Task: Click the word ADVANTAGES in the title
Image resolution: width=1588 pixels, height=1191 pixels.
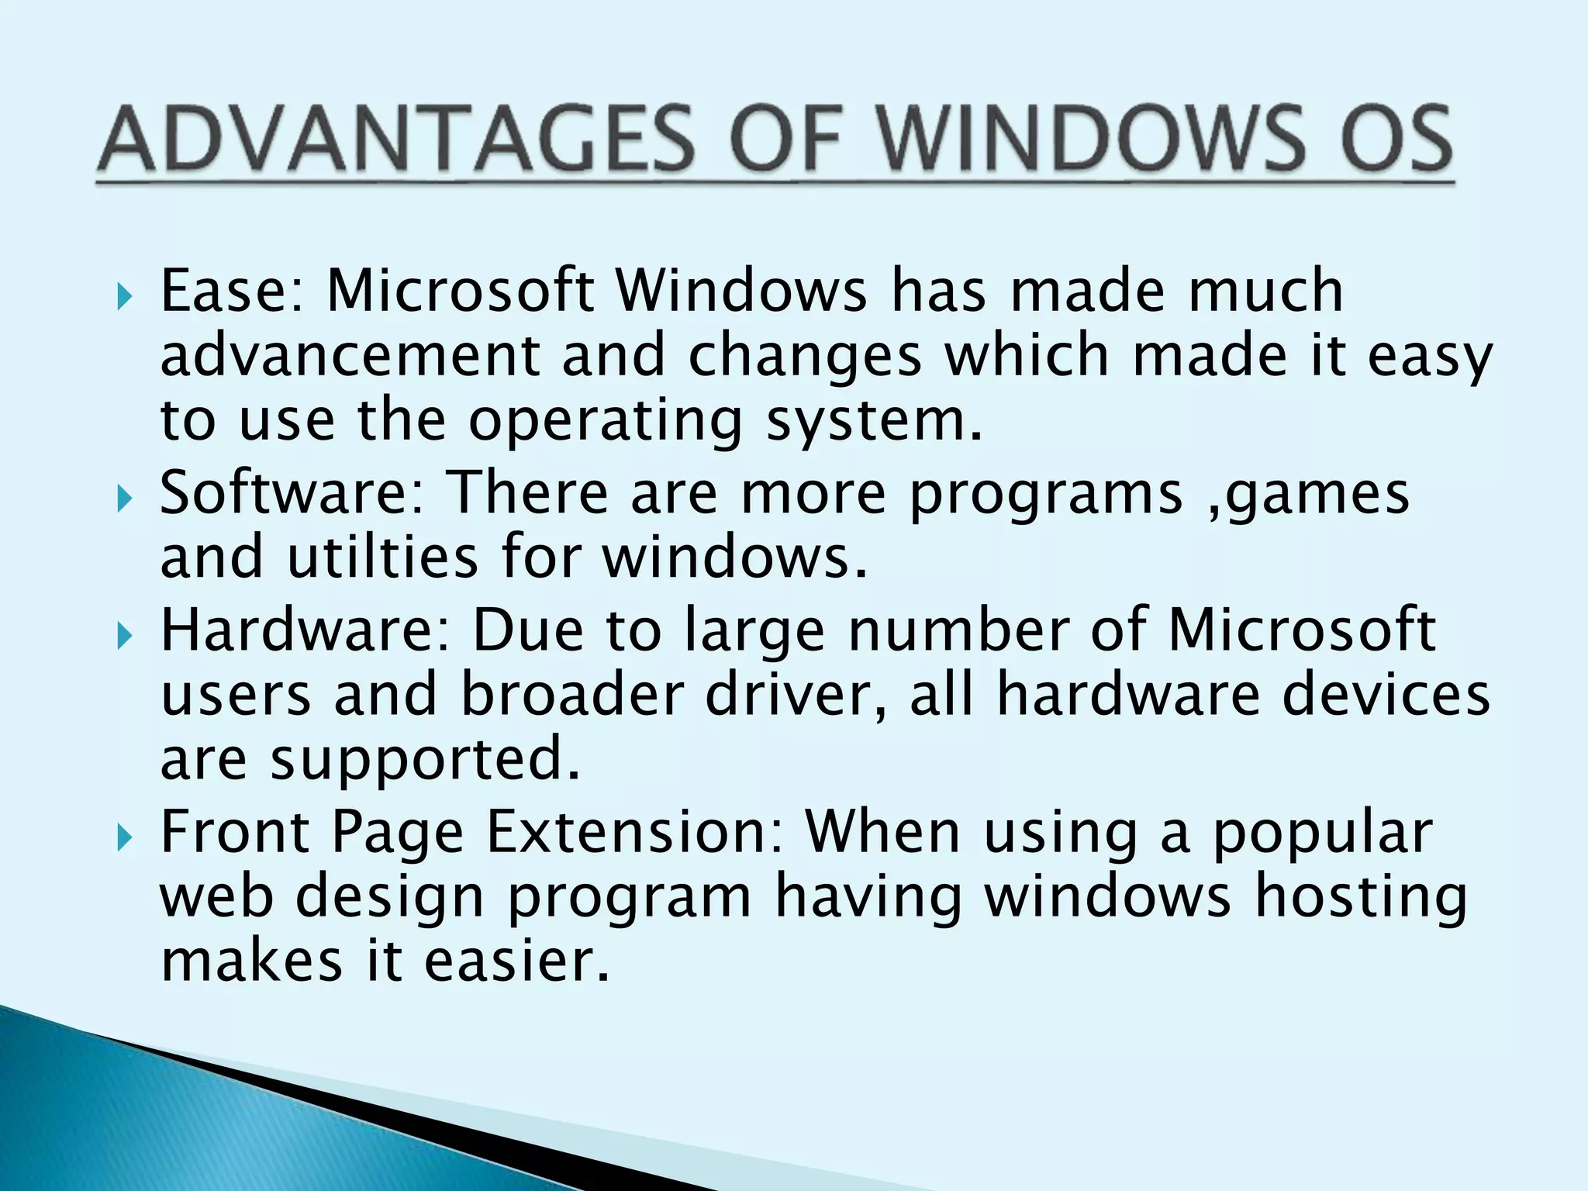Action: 396,140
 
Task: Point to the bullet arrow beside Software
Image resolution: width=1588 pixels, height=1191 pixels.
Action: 125,499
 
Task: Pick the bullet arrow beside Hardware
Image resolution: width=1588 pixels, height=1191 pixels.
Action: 125,635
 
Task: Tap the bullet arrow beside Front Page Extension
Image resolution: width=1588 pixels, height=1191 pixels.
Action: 125,837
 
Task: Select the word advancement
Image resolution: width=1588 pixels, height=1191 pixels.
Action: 349,355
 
